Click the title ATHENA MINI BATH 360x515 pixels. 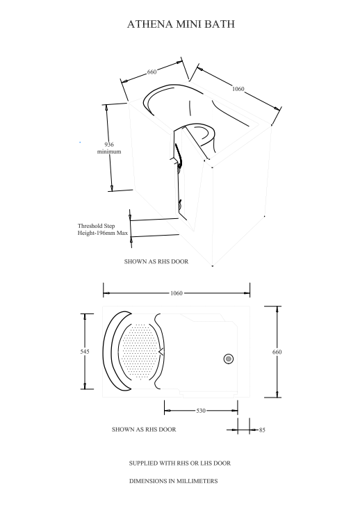coord(180,24)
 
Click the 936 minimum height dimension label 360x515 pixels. coord(109,147)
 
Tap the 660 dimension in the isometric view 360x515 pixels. coord(152,72)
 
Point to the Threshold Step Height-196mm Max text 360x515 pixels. coord(103,229)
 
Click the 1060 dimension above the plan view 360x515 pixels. coord(177,293)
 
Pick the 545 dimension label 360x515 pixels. coord(85,352)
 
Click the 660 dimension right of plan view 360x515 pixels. coord(277,352)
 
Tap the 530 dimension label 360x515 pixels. coord(200,411)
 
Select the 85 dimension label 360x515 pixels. coord(262,430)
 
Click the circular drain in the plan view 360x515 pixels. coord(228,359)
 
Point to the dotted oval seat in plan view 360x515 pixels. coord(139,352)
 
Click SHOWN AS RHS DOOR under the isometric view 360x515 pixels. coord(156,262)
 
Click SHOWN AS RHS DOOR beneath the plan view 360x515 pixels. coord(144,430)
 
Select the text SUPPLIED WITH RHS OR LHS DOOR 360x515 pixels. coord(180,463)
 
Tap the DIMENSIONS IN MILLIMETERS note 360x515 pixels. coord(174,481)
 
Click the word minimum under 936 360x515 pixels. coord(109,152)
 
